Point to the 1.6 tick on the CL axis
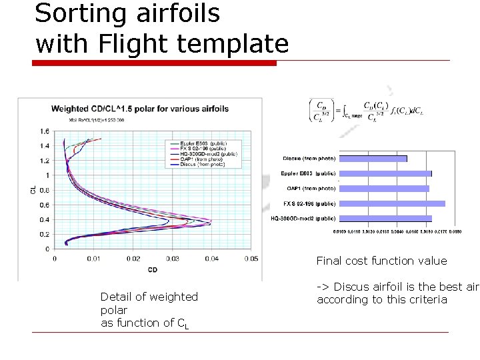[x=44, y=131]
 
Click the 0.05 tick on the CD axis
[x=251, y=259]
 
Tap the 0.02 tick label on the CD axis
[x=133, y=259]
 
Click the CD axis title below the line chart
[x=153, y=269]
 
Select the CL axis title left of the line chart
[x=33, y=190]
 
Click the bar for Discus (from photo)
[x=373, y=159]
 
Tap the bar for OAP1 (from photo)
[x=384, y=189]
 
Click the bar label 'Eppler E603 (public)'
[x=307, y=173]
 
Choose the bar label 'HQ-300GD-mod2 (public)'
[x=303, y=218]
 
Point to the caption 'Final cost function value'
[x=381, y=261]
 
